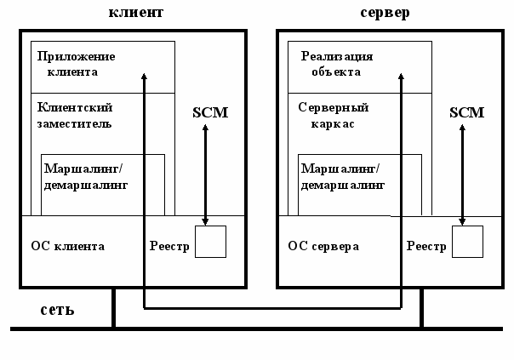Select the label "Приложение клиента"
[76, 64]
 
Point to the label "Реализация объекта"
[337, 64]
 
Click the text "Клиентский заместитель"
[76, 115]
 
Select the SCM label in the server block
[465, 112]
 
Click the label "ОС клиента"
[67, 247]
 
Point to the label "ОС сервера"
[323, 247]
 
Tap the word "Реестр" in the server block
[426, 247]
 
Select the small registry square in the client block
[210, 242]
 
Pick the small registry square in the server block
[467, 242]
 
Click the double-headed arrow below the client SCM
[205, 174]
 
